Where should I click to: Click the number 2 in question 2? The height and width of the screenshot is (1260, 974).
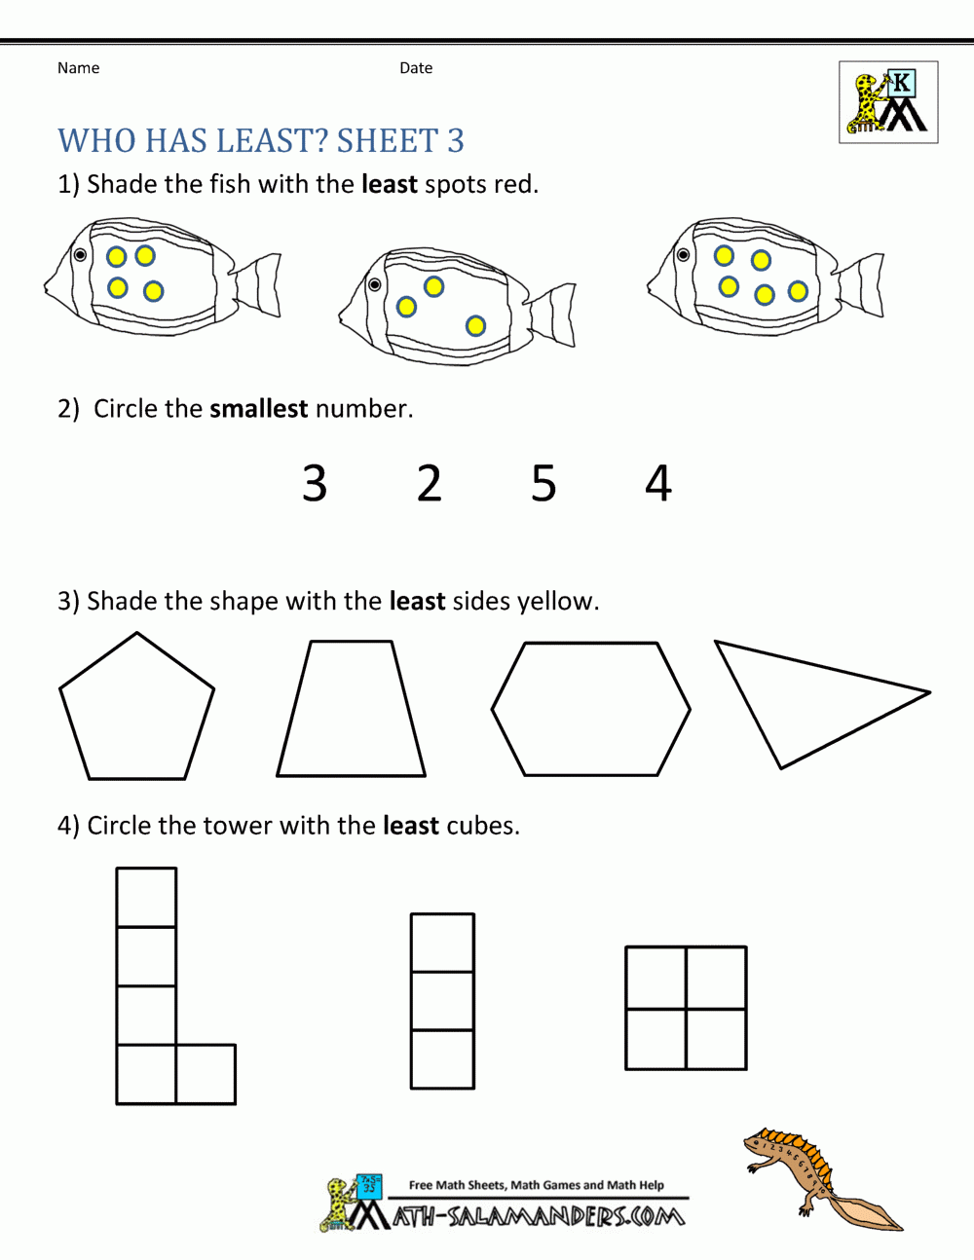point(429,483)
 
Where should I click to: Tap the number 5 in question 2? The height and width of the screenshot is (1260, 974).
point(543,483)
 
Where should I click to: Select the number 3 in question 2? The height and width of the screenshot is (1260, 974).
point(314,483)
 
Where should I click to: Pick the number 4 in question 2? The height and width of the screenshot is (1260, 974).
point(658,483)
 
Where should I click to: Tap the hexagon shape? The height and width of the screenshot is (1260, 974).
point(591,709)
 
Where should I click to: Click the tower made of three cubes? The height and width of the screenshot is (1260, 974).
point(442,1000)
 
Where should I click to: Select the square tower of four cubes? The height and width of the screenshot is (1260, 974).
point(686,1008)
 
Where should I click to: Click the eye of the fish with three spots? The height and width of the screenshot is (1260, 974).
point(374,284)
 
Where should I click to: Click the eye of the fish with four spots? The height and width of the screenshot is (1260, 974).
point(80,256)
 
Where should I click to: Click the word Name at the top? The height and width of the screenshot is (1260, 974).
point(78,68)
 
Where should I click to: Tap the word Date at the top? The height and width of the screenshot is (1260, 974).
point(416,68)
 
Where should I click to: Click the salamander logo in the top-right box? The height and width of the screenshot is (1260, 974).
point(888,102)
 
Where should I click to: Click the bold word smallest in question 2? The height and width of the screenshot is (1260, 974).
point(258,408)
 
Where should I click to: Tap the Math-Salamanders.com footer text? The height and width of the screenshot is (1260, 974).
point(539,1216)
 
